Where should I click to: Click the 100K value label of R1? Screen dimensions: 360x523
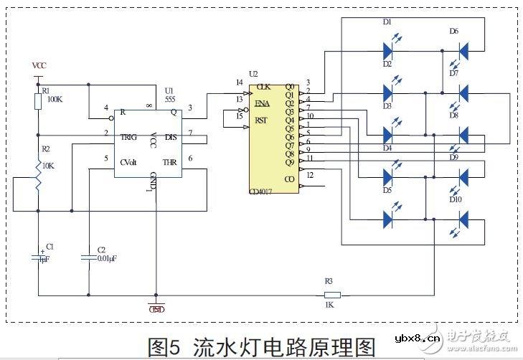pyautogui.click(x=55, y=100)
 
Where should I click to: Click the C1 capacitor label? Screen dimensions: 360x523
pyautogui.click(x=50, y=247)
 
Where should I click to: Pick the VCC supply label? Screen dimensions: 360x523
pyautogui.click(x=40, y=65)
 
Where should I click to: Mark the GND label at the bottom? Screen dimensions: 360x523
pyautogui.click(x=156, y=309)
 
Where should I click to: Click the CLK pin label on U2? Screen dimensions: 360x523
pyautogui.click(x=263, y=86)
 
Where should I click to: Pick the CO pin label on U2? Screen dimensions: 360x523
pyautogui.click(x=289, y=179)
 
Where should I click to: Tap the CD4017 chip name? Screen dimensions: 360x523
pyautogui.click(x=263, y=192)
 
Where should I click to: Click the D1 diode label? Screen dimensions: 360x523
pyautogui.click(x=387, y=23)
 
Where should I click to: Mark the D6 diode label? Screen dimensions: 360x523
pyautogui.click(x=453, y=31)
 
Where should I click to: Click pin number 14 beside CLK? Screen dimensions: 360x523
pyautogui.click(x=239, y=83)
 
